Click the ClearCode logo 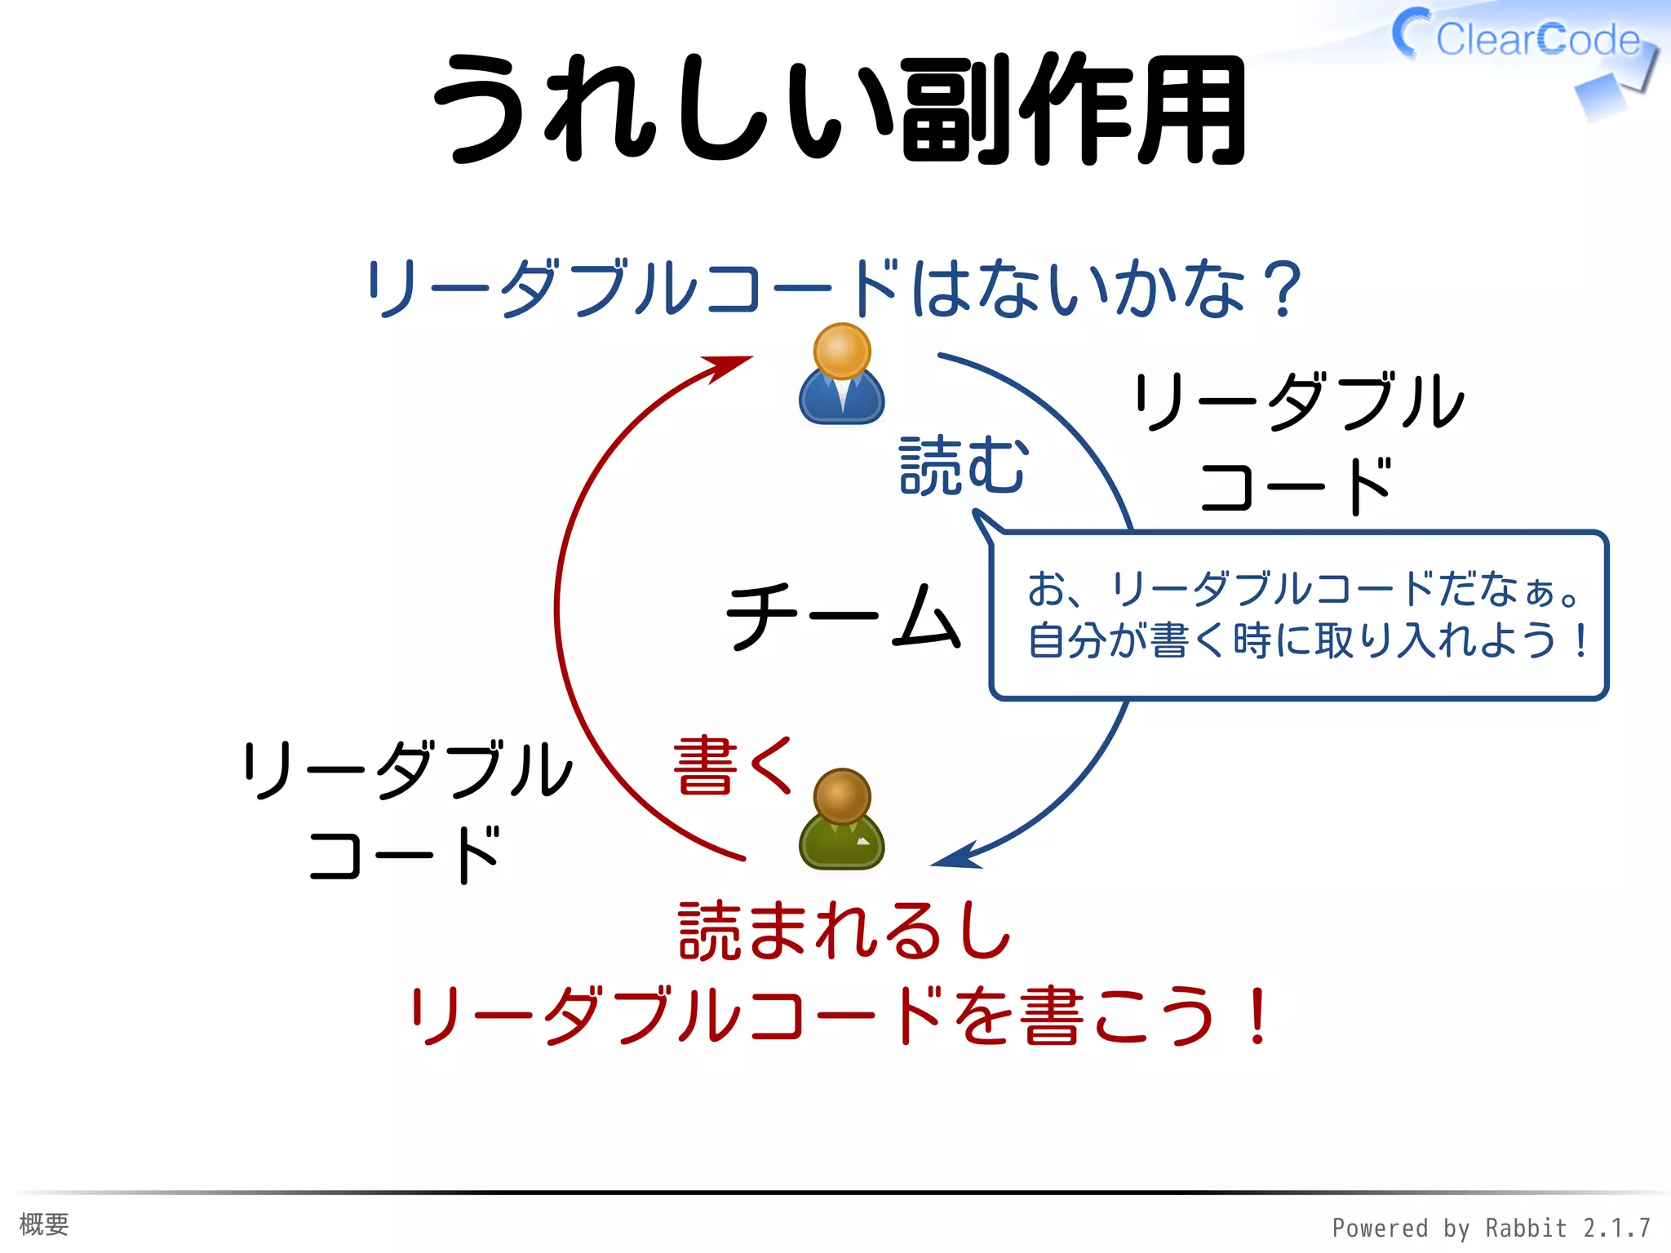(x=1523, y=41)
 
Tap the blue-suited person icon (x=841, y=375)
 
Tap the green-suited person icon (x=841, y=819)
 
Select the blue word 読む (x=963, y=466)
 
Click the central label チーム (x=843, y=616)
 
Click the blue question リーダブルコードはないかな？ (x=832, y=289)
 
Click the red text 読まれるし (x=844, y=931)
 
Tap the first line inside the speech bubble (x=1302, y=589)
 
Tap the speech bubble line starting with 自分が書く (x=1305, y=640)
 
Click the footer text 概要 (x=44, y=1224)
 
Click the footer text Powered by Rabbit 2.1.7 (x=1491, y=1228)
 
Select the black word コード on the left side (x=404, y=856)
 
